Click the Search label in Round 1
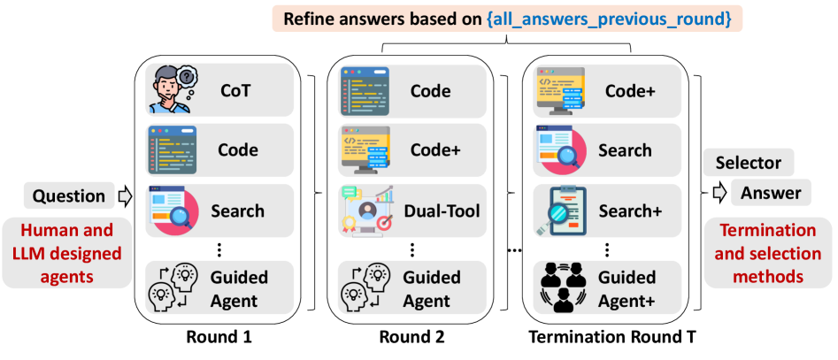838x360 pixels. (x=237, y=211)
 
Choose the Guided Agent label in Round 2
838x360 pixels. (x=432, y=287)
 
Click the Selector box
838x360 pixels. (x=748, y=163)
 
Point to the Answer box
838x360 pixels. (x=770, y=193)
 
